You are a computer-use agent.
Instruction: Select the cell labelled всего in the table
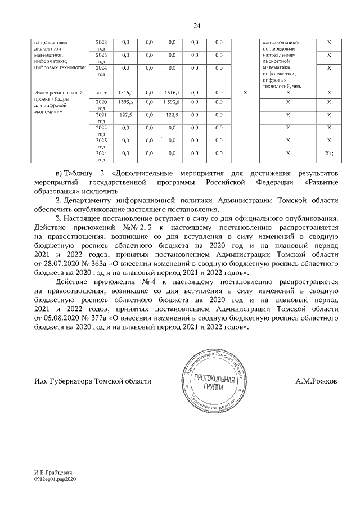(101, 92)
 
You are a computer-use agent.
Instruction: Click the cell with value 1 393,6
(172, 102)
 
